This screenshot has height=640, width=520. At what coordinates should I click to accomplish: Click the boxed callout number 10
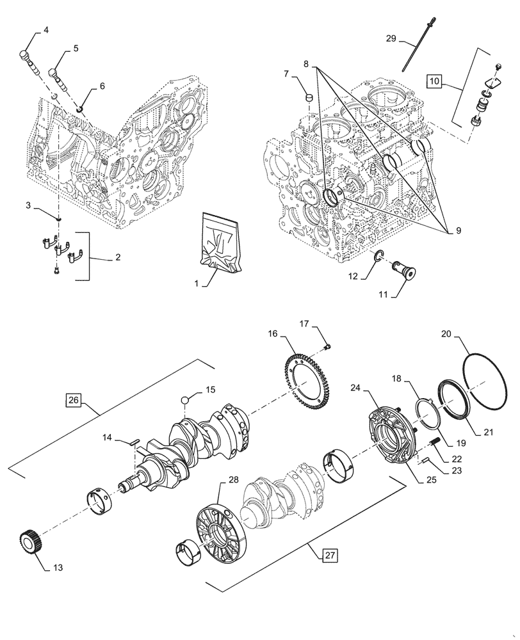pyautogui.click(x=435, y=81)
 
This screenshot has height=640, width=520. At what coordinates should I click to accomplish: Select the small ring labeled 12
pyautogui.click(x=378, y=257)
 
